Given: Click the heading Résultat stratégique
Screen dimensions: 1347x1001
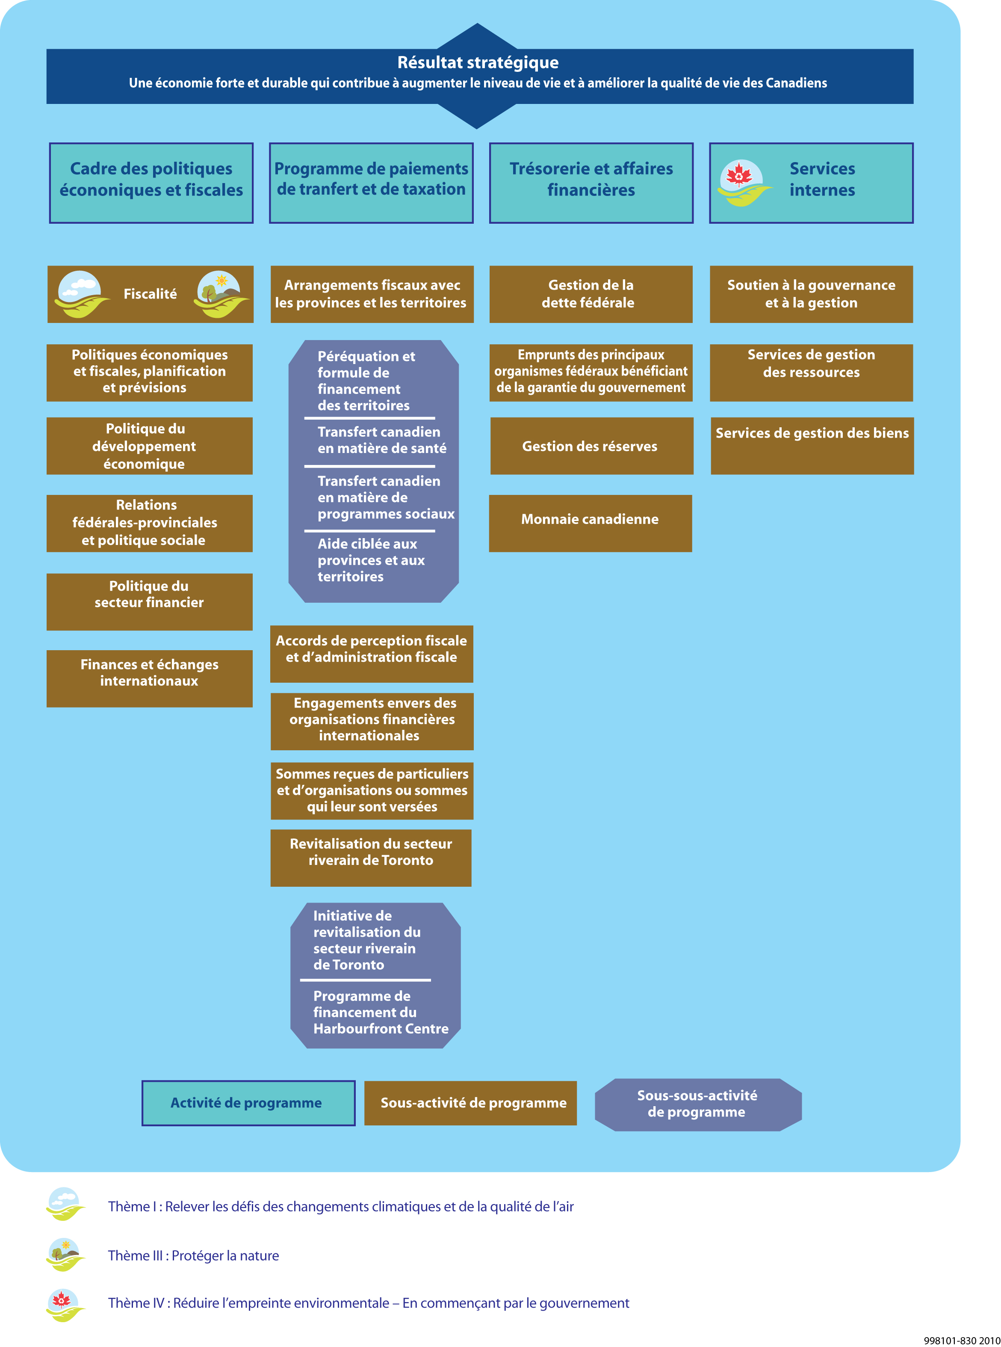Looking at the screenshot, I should pos(478,62).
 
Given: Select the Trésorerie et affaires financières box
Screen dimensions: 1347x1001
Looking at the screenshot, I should pos(591,183).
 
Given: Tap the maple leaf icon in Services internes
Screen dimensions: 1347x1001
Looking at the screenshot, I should pos(739,176).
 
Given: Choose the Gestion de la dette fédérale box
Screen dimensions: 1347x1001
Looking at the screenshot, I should pos(591,294).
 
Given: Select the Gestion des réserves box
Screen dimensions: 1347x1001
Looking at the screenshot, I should pos(591,446).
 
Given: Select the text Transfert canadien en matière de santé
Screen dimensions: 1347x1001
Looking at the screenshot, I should pos(382,440).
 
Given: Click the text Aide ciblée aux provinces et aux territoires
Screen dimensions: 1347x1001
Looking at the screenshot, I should pos(371,560).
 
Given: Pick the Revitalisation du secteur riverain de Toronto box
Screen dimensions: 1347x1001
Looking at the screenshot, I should pos(371,857).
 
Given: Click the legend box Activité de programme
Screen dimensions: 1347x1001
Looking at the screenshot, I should pos(248,1103).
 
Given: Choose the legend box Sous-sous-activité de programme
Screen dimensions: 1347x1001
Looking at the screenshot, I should pos(697,1104).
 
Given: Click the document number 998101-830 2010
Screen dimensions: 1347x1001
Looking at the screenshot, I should pos(961,1340).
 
